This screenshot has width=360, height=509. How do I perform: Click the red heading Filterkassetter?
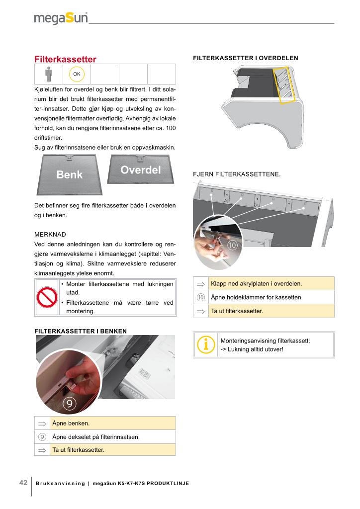pyautogui.click(x=65, y=59)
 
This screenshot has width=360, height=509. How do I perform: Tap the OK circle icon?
pyautogui.click(x=77, y=75)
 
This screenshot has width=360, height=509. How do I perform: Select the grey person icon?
pyautogui.click(x=48, y=75)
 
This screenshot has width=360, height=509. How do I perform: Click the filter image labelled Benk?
pyautogui.click(x=70, y=174)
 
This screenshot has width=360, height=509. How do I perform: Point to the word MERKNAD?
pyautogui.click(x=50, y=234)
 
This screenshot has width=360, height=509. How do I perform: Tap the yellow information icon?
pyautogui.click(x=205, y=344)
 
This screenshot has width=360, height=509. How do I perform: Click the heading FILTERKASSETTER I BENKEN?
pyautogui.click(x=80, y=331)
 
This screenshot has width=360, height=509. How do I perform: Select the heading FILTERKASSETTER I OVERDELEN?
pyautogui.click(x=245, y=58)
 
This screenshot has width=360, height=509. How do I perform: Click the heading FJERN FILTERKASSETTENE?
pyautogui.click(x=236, y=174)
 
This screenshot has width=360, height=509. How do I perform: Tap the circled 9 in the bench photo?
pyautogui.click(x=70, y=403)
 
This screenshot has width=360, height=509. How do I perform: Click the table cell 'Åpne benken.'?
pyautogui.click(x=113, y=424)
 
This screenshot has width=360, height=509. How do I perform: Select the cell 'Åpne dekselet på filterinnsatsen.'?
pyautogui.click(x=113, y=437)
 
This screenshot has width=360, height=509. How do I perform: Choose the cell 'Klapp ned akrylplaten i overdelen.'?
pyautogui.click(x=271, y=284)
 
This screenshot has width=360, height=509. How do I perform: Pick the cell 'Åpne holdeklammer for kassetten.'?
pyautogui.click(x=271, y=297)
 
